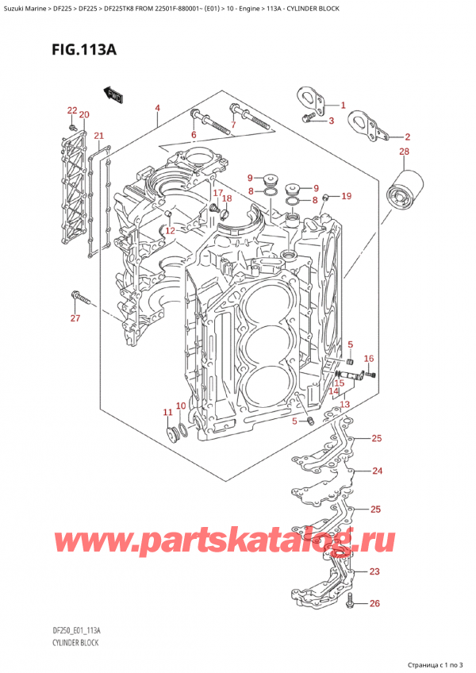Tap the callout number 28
405,152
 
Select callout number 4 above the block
157,108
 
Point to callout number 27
75,319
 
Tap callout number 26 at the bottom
375,604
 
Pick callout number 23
374,571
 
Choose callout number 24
378,471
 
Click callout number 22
71,110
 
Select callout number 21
98,137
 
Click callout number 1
343,106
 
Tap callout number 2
408,137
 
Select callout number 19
346,196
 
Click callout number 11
167,412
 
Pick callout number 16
368,359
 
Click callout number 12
169,231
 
